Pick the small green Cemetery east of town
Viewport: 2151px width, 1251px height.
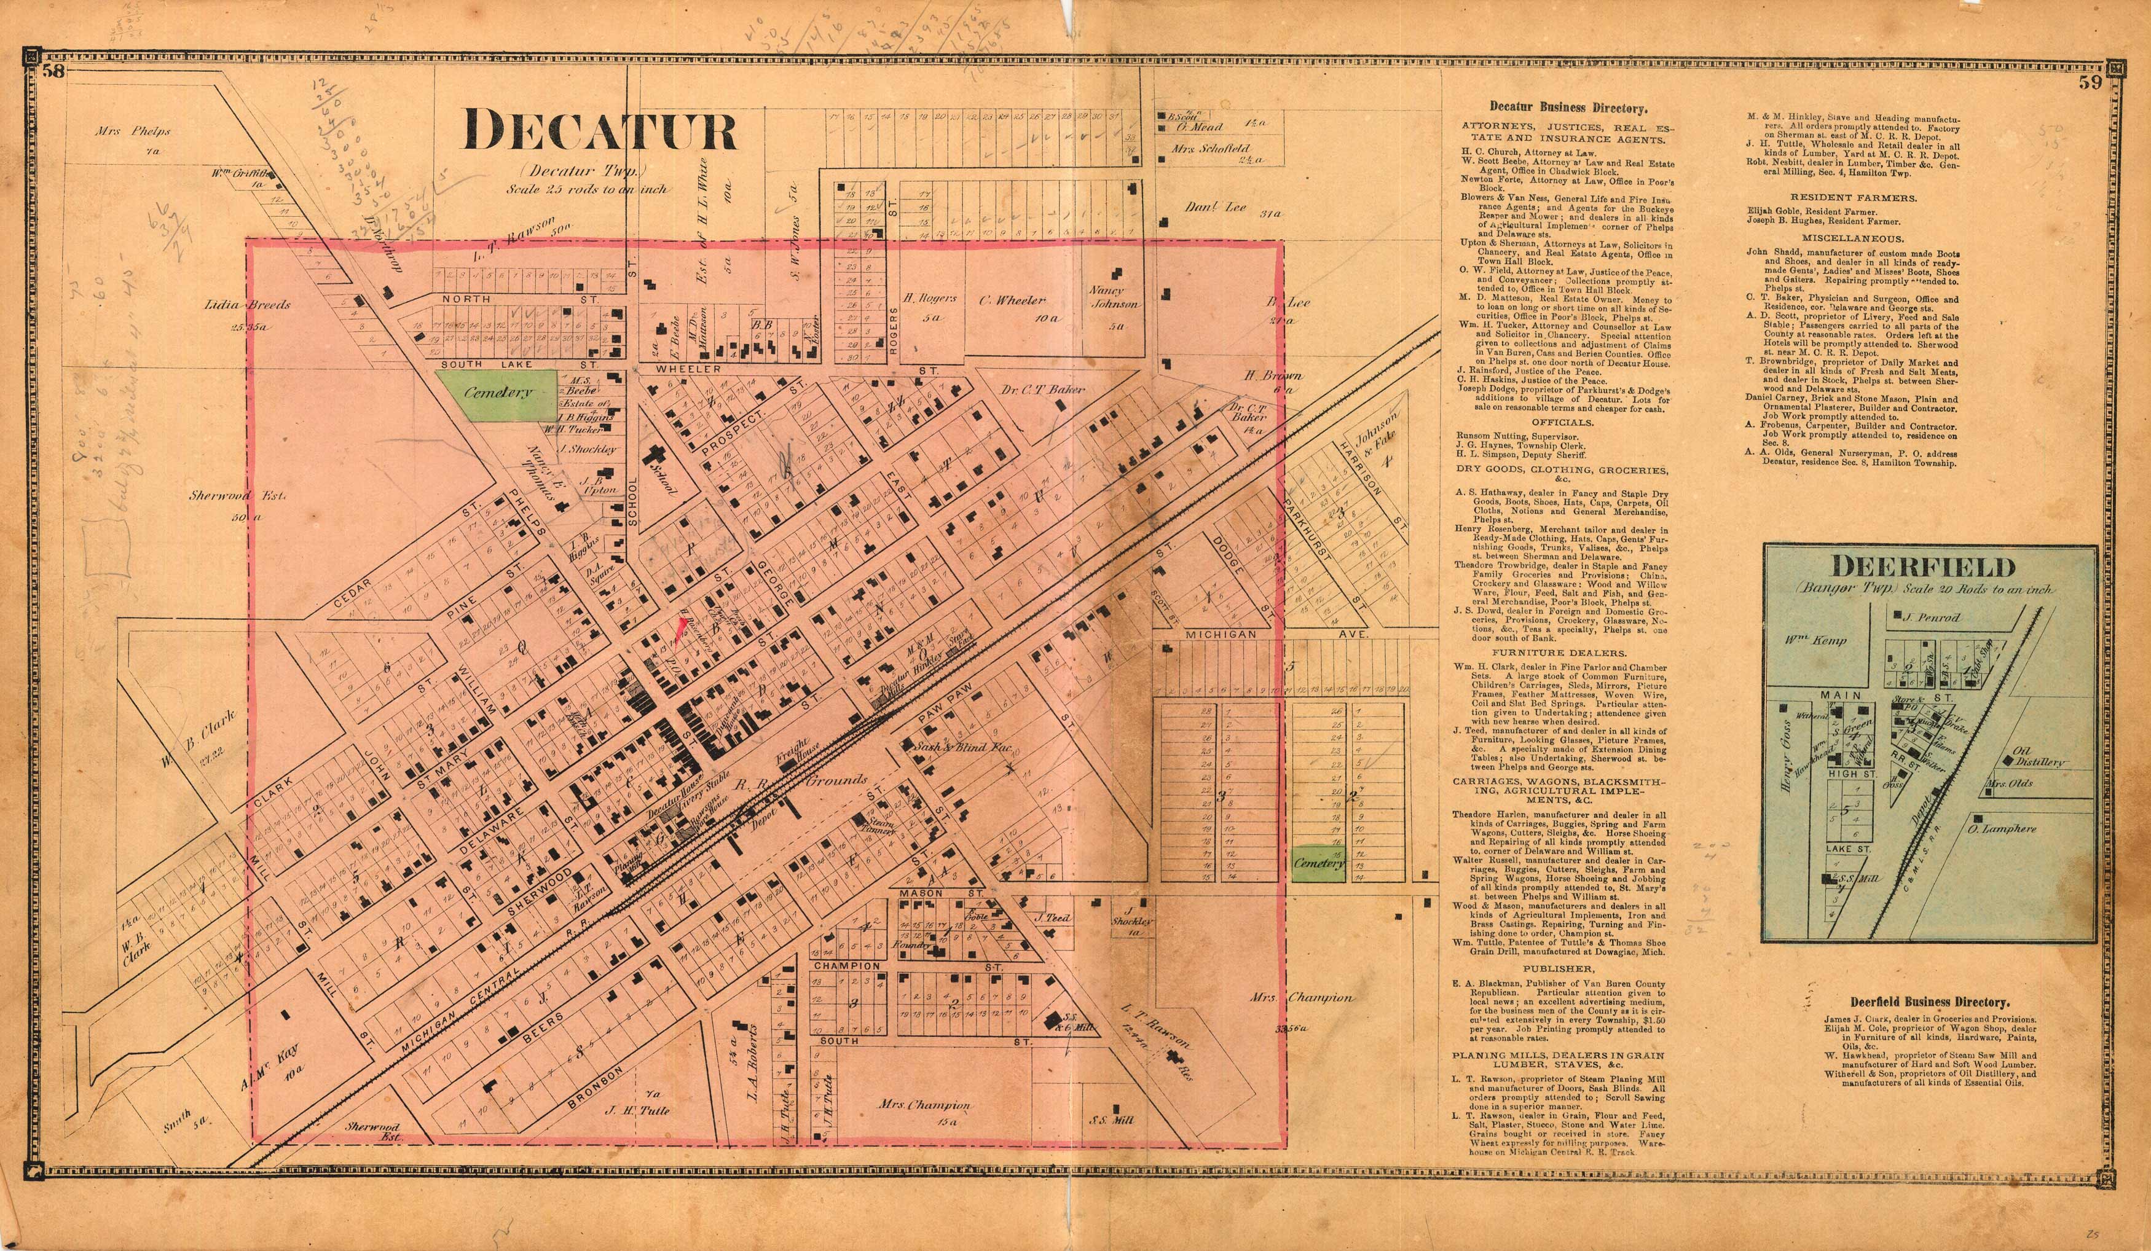[1319, 863]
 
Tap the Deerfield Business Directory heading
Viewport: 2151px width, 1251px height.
[1929, 1003]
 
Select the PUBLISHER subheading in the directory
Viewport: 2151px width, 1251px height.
[1562, 968]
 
